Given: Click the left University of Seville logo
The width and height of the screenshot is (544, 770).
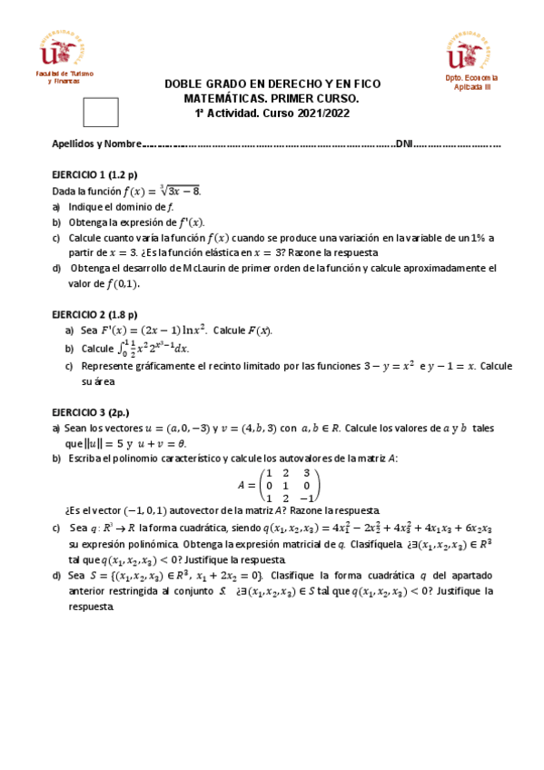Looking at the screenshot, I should (57, 49).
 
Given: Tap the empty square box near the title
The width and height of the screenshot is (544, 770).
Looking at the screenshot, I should (100, 112).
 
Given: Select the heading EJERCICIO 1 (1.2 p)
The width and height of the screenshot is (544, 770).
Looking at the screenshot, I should (93, 174).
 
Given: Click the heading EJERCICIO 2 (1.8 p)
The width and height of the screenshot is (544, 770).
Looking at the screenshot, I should (93, 314).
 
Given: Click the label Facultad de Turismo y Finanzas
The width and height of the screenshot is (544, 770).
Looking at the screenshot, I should (57, 76).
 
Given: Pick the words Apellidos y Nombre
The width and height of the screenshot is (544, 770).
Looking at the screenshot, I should (94, 144).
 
